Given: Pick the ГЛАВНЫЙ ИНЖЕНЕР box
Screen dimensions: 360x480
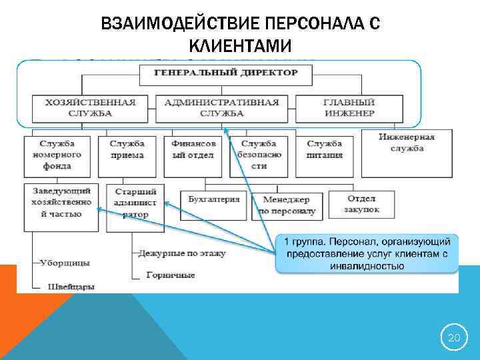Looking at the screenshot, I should tap(349, 108).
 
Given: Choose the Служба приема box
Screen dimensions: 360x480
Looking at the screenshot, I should tap(127, 149).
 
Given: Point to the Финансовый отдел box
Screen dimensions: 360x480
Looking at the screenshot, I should tap(193, 149).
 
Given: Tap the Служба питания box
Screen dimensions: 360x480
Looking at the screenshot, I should tap(325, 149).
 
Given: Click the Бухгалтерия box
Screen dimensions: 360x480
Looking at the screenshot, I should tap(213, 199).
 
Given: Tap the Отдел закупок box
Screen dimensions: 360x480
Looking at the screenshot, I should tap(363, 203).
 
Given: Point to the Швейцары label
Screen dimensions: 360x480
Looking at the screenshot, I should tap(71, 287).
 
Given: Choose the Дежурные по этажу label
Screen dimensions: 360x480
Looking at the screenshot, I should tap(181, 253).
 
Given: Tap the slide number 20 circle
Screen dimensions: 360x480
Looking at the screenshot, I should tap(453, 339).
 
